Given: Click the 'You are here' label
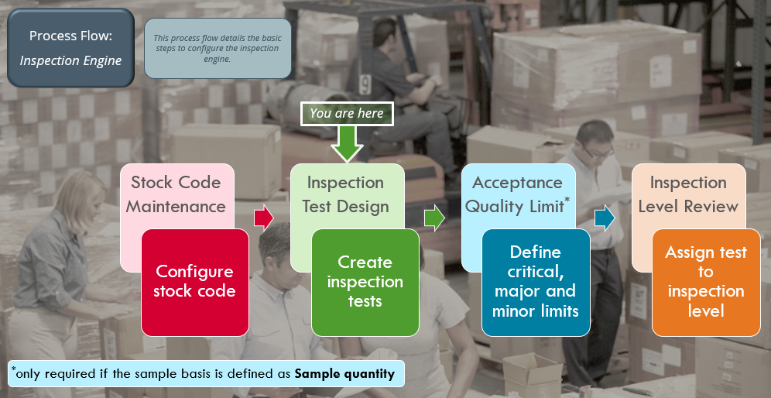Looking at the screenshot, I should click(347, 114).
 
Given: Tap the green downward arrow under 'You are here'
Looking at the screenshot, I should click(347, 144).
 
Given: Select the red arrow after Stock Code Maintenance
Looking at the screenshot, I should click(264, 218).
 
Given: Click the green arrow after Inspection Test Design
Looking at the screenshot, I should click(435, 218).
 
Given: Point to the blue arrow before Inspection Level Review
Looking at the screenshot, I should click(605, 218).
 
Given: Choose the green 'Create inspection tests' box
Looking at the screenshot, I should click(365, 282).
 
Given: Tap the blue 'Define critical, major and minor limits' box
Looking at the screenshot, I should click(536, 282).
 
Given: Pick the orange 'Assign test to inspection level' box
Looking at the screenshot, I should click(705, 282).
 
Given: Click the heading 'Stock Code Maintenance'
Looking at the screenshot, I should click(176, 194).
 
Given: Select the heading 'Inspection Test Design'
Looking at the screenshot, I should click(346, 194).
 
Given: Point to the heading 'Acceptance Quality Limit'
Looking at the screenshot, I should click(517, 194).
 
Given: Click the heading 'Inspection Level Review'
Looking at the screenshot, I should click(688, 194).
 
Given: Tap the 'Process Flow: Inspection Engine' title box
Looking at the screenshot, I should click(70, 48).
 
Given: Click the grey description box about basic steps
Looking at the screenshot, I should click(218, 48).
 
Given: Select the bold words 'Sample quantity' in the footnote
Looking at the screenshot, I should click(344, 374).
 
